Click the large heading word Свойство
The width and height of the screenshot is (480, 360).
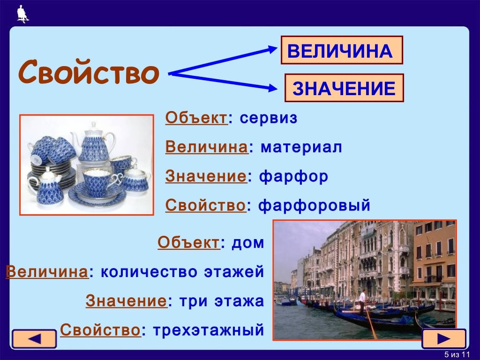(x=89, y=73)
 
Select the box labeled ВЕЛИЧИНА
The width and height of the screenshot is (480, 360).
(x=342, y=50)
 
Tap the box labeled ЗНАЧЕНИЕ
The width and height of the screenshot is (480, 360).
(x=344, y=88)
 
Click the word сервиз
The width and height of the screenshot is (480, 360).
(x=268, y=119)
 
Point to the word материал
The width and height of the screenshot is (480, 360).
(x=301, y=148)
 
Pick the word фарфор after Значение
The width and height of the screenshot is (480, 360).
(x=294, y=177)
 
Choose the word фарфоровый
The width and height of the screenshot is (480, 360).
(x=315, y=205)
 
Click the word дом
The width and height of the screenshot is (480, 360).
(x=248, y=243)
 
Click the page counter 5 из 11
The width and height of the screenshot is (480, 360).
(x=457, y=353)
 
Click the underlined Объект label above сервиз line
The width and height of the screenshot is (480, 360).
(x=196, y=119)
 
